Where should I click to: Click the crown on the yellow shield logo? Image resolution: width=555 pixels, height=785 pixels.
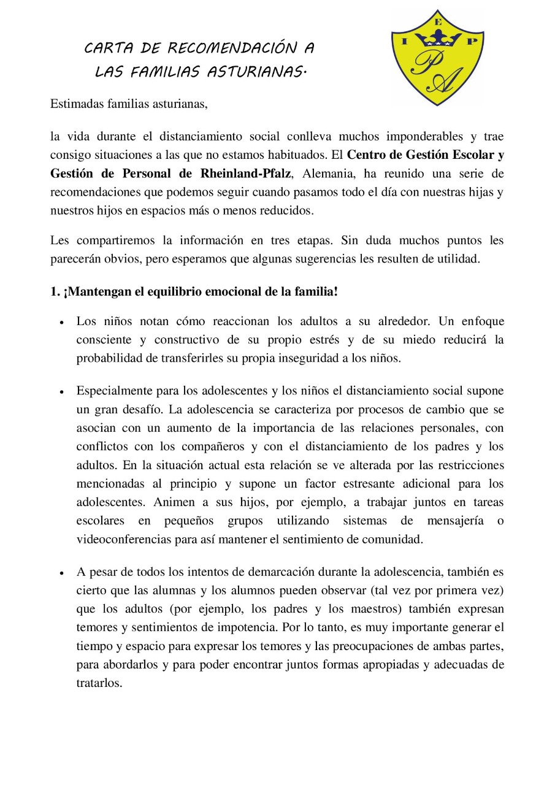[x=438, y=40]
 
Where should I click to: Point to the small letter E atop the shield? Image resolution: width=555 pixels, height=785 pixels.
[x=438, y=21]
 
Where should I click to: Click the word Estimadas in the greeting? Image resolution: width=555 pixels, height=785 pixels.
[x=75, y=104]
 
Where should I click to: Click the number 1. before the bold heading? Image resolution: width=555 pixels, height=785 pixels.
[x=55, y=292]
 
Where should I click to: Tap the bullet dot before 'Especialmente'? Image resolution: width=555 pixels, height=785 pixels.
[x=63, y=391]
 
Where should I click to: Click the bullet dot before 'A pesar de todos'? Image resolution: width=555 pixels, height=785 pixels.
[x=63, y=573]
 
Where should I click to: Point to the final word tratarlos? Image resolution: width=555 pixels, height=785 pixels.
[x=99, y=683]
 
